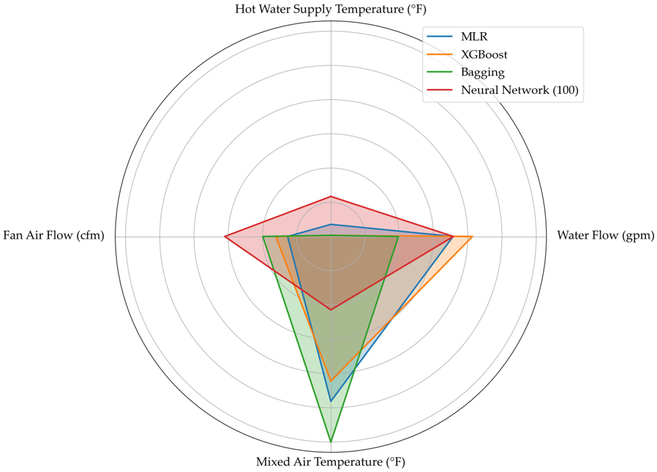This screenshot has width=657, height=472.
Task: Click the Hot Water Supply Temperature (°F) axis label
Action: [x=330, y=9]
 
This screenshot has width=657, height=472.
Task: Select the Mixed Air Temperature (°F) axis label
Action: [x=330, y=462]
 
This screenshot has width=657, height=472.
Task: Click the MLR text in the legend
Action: [x=474, y=37]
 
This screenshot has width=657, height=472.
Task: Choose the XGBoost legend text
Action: [x=484, y=54]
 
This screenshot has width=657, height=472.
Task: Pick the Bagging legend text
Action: [x=483, y=72]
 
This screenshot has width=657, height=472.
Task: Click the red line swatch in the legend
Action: [x=439, y=90]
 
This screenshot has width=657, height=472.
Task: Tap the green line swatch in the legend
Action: [x=439, y=72]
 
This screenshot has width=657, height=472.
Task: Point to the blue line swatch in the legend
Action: [x=439, y=37]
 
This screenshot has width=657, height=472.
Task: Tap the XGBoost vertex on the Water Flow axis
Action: [x=472, y=237]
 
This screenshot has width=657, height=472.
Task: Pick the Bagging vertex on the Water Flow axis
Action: [x=398, y=237]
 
